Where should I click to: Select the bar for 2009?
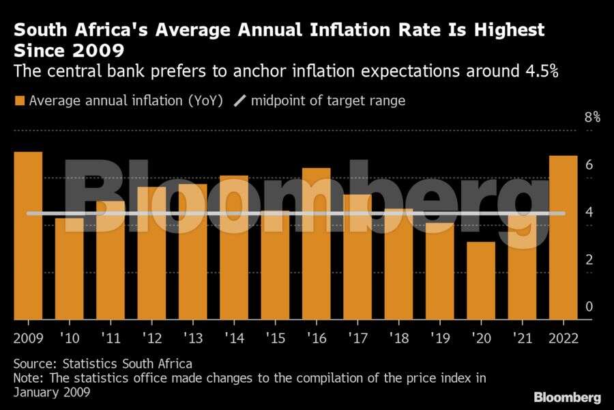(x=28, y=236)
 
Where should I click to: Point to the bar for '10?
(x=69, y=269)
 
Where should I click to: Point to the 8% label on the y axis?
(x=592, y=118)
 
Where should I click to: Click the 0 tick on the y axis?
(x=589, y=307)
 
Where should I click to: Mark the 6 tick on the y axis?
(x=589, y=165)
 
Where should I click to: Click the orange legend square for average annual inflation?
(x=19, y=101)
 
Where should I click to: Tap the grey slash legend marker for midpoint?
(x=239, y=101)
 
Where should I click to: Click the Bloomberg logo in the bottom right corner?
(x=567, y=397)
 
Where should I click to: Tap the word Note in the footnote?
(x=27, y=378)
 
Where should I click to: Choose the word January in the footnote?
(x=37, y=393)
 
